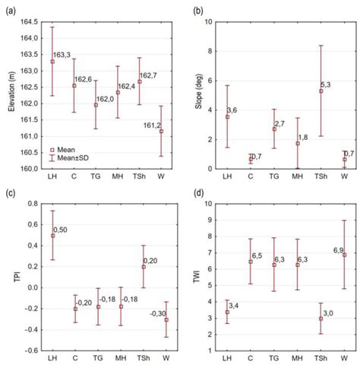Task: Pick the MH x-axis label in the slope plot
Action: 299,177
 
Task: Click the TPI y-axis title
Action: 10,278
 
